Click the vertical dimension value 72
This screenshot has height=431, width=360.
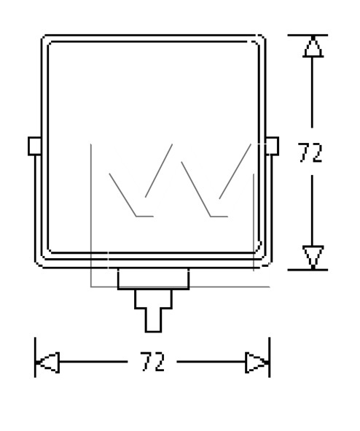(310, 152)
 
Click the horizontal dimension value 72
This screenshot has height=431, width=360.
(153, 362)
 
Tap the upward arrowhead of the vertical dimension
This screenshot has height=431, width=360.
(313, 47)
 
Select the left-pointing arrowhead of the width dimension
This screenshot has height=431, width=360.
(48, 362)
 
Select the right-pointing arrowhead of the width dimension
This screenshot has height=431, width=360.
(257, 362)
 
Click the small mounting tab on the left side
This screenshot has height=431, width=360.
(34, 146)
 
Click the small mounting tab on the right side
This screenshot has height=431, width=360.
(272, 146)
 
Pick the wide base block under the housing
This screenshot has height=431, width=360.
(154, 279)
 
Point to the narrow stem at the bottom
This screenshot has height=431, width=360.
(154, 320)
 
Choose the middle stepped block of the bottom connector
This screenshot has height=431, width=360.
(154, 299)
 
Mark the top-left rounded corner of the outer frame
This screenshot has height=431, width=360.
(44, 38)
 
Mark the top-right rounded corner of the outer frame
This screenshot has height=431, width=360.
(263, 38)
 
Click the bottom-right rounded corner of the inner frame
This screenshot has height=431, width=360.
(258, 249)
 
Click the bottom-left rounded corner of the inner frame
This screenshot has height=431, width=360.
(50, 250)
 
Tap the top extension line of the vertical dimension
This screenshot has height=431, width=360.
(308, 35)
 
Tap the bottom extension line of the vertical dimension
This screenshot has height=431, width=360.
(308, 270)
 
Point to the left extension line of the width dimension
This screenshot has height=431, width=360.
(35, 357)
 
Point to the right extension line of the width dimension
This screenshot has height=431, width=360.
(270, 357)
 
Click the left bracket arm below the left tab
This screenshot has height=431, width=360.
(36, 209)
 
